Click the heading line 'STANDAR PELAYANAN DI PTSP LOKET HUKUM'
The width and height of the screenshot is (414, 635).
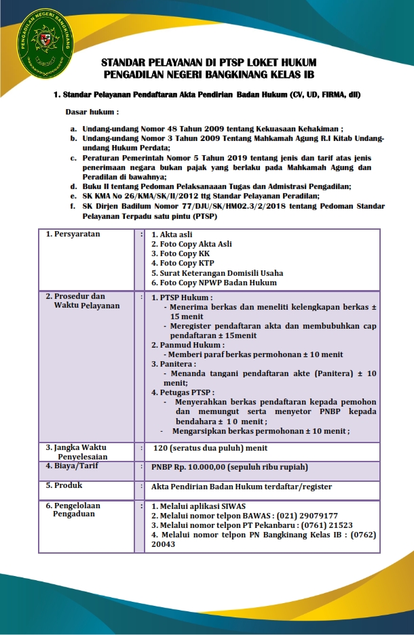point(208,62)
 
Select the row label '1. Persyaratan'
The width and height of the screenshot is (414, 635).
point(73,234)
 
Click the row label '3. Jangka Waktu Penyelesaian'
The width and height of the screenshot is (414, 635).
point(75,452)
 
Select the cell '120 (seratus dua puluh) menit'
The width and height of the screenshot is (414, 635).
point(210,448)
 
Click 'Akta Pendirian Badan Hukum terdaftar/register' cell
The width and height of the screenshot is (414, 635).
point(242,487)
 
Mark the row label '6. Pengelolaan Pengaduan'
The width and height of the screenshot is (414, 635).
point(73,510)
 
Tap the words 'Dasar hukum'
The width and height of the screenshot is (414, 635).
point(91,110)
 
